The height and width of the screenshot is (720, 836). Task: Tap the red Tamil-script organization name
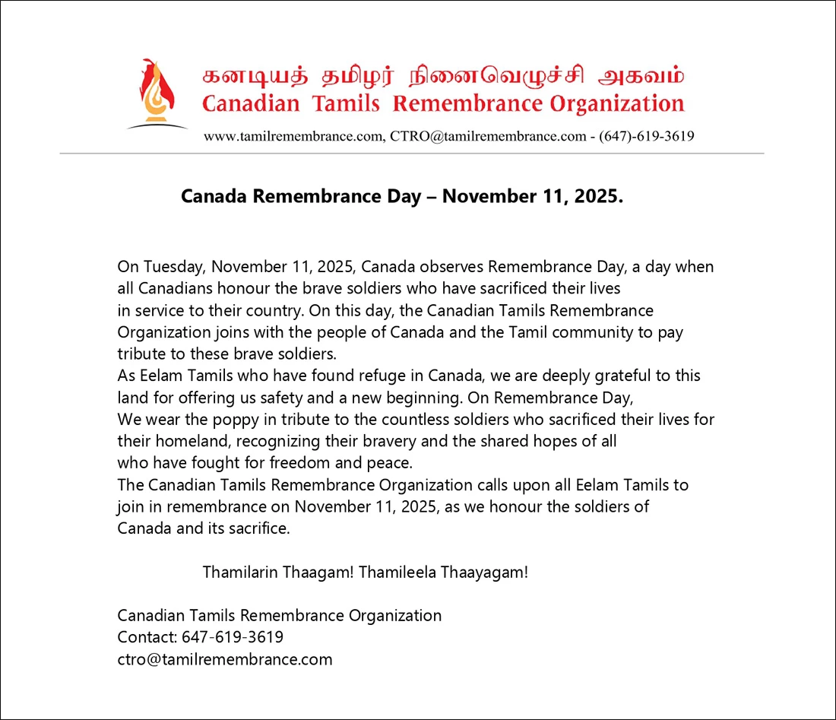pyautogui.click(x=443, y=78)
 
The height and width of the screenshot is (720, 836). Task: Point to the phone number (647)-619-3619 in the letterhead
pyautogui.click(x=646, y=137)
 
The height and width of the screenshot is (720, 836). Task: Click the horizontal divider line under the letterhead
pyautogui.click(x=411, y=154)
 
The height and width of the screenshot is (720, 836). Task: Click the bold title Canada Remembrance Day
pyautogui.click(x=300, y=197)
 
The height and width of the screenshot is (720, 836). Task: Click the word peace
pyautogui.click(x=394, y=462)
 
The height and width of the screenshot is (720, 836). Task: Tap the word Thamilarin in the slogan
pyautogui.click(x=240, y=572)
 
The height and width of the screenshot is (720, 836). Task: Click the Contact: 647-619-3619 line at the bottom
pyautogui.click(x=201, y=637)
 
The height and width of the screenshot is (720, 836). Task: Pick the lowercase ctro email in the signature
pyautogui.click(x=225, y=659)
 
